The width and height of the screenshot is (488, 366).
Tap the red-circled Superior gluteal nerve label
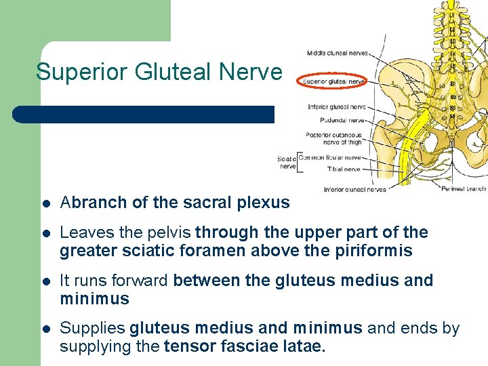click(333, 81)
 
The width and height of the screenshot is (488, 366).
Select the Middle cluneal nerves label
click(337, 53)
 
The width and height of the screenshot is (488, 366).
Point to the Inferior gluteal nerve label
click(336, 107)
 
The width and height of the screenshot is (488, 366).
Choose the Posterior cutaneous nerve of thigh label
click(333, 138)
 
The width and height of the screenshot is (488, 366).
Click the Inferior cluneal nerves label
click(354, 190)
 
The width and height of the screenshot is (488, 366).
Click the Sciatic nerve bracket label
click(286, 163)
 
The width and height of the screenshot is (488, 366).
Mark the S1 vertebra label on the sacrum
click(452, 85)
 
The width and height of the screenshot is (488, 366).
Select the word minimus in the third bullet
click(94, 299)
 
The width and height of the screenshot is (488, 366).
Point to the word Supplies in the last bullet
click(92, 329)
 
